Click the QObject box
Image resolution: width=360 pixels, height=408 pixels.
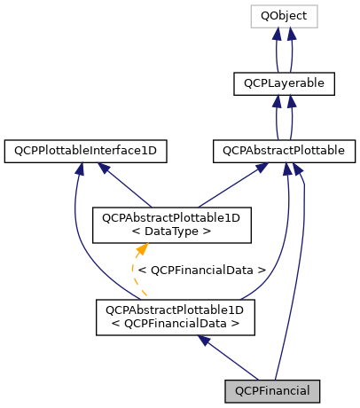point(284,16)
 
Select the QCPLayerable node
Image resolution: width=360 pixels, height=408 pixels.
point(284,84)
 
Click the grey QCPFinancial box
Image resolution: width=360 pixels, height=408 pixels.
point(272,389)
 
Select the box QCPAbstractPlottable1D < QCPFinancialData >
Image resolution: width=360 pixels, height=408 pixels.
point(176,317)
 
